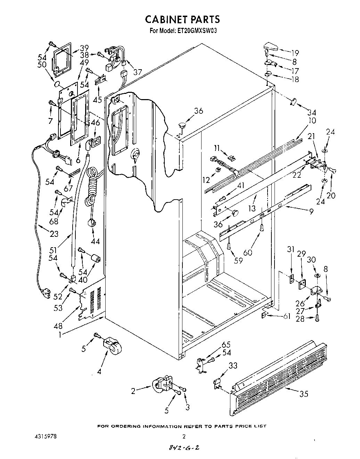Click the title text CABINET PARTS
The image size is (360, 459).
[x=182, y=18]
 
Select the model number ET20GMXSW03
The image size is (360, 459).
[x=198, y=31]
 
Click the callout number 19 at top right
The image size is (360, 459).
[x=295, y=53]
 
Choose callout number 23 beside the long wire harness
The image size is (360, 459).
[x=54, y=234]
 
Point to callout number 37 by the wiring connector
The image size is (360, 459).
[x=138, y=72]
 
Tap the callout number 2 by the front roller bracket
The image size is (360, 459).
[x=133, y=391]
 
